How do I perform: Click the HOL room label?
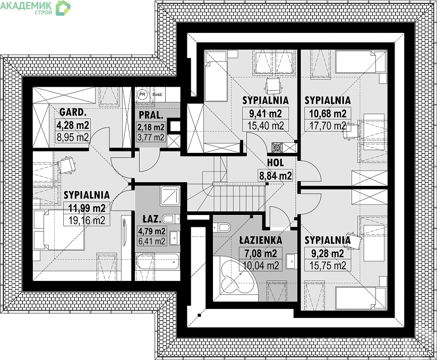(275, 162)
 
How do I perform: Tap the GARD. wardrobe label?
(72, 112)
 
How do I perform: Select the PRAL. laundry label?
(151, 115)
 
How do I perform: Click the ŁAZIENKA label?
(261, 240)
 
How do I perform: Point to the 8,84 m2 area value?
(276, 176)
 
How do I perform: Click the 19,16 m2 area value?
(87, 220)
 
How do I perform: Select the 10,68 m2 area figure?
(328, 114)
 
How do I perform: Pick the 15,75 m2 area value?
(328, 265)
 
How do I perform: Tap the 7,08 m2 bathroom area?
(261, 253)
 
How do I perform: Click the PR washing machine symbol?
(142, 95)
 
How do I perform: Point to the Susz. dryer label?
(158, 95)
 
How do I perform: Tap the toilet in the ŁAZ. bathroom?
(170, 219)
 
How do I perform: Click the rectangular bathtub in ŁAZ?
(157, 262)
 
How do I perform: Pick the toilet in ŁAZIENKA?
(221, 228)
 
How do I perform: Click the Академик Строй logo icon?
(63, 8)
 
